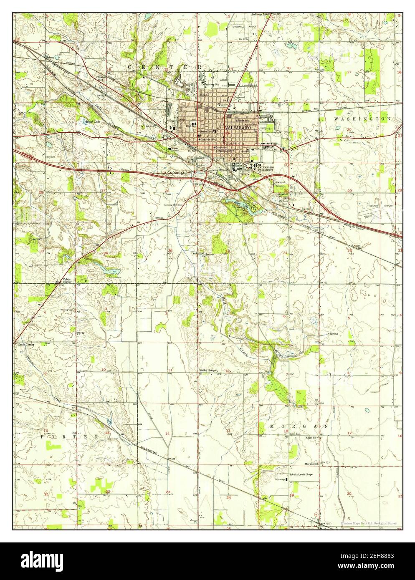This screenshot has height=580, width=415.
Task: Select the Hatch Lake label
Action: (93, 122)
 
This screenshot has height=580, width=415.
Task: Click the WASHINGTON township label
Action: (362, 119)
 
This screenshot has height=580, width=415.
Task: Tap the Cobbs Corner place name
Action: (67, 280)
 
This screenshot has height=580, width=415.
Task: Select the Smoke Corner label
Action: (207, 370)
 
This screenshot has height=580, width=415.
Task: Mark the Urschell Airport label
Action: (245, 26)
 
